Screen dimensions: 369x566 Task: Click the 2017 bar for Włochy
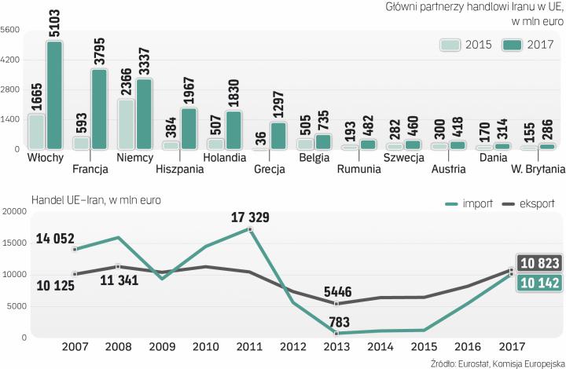[54, 95]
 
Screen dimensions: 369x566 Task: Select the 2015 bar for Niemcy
[125, 124]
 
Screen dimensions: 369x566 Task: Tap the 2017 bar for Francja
[99, 109]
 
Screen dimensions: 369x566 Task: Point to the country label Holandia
[225, 158]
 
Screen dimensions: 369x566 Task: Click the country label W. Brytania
[538, 169]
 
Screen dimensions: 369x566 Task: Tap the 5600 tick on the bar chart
[11, 30]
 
